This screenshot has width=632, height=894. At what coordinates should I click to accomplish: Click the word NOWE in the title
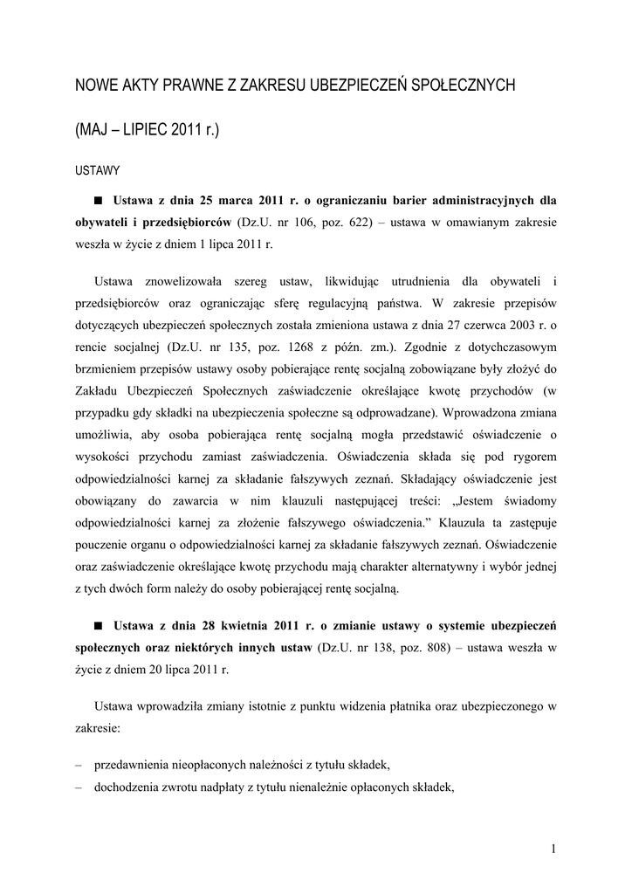pyautogui.click(x=98, y=86)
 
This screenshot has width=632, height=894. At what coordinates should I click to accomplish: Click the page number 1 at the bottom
pyautogui.click(x=553, y=848)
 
